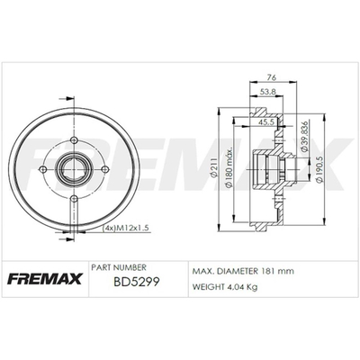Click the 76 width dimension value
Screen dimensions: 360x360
coord(272,77)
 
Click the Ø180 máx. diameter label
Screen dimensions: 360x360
coord(229,168)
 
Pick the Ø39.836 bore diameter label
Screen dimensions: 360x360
coord(304,137)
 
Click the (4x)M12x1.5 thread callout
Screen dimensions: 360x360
coord(126,228)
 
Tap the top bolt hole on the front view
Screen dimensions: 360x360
coord(74,140)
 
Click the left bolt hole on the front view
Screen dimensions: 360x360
coord(43,169)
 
